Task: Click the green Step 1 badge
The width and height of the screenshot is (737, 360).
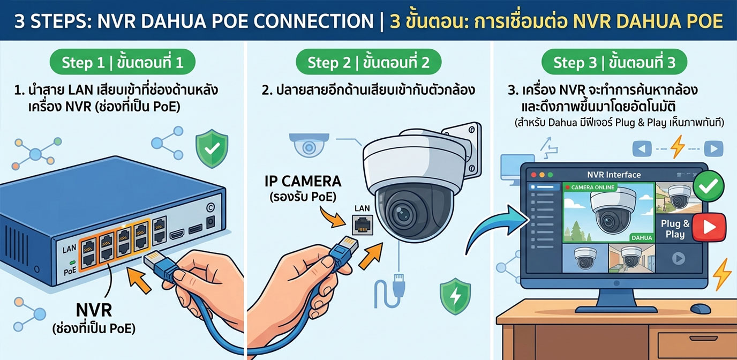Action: tap(123, 62)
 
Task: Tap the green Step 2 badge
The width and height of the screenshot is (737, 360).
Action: tap(368, 62)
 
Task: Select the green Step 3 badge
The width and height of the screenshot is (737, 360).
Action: tap(614, 62)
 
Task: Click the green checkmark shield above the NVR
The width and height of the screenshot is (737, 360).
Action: tap(212, 148)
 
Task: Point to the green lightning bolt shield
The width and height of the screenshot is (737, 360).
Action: tap(455, 296)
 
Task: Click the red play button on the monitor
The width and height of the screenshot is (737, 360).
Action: tap(709, 227)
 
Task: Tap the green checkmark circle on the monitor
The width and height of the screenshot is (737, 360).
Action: tap(709, 186)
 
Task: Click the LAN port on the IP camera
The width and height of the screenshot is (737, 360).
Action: tap(363, 225)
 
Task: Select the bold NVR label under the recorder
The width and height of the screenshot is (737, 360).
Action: tap(94, 310)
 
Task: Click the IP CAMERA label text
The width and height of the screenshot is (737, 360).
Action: tap(303, 181)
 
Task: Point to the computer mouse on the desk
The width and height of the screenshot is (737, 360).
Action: tap(701, 309)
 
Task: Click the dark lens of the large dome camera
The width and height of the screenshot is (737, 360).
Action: tap(402, 214)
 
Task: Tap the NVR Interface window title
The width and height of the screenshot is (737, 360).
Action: tap(614, 175)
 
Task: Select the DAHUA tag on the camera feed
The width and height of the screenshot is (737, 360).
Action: tap(642, 238)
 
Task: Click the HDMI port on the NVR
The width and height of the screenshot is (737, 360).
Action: tap(177, 234)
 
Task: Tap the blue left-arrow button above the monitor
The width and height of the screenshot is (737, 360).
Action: tap(642, 149)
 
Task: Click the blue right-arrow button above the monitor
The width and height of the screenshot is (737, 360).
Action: tap(713, 149)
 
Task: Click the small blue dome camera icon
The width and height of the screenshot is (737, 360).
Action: tap(309, 145)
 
